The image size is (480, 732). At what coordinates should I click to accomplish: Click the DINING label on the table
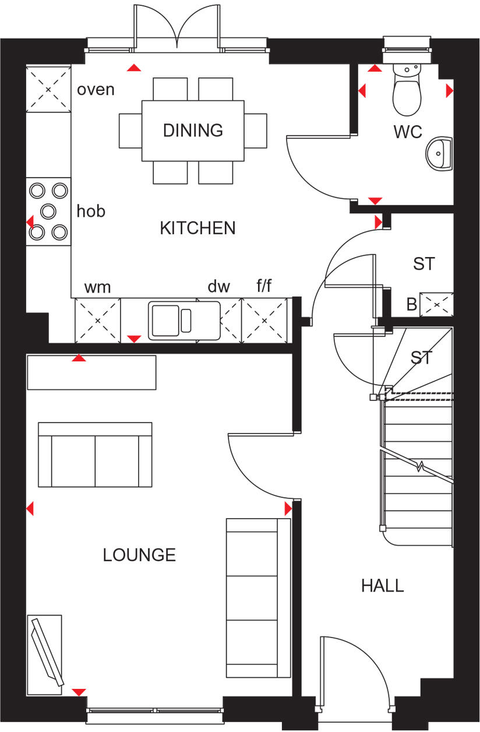(x=193, y=130)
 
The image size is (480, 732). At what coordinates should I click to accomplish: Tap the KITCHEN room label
(x=197, y=228)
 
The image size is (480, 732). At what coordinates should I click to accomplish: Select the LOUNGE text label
(x=139, y=555)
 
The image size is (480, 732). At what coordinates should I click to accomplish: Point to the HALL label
(x=382, y=585)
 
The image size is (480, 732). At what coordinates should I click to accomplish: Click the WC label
(x=407, y=132)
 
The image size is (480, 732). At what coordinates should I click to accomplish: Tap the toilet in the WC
(x=406, y=90)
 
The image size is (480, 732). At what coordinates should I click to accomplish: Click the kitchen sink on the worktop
(x=184, y=320)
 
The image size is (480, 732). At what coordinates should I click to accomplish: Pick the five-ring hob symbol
(x=48, y=210)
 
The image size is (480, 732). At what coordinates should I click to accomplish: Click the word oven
(x=96, y=90)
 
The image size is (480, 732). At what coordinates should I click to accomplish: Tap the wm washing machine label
(x=97, y=287)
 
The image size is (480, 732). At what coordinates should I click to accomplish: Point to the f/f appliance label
(x=264, y=287)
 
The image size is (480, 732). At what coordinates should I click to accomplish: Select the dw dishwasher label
(x=218, y=287)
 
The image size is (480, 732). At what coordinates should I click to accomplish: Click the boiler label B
(x=411, y=304)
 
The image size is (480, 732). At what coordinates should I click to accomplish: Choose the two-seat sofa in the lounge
(x=95, y=455)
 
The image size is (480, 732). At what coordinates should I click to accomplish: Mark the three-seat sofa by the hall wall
(x=258, y=597)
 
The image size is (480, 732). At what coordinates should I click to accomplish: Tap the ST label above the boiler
(x=423, y=263)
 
